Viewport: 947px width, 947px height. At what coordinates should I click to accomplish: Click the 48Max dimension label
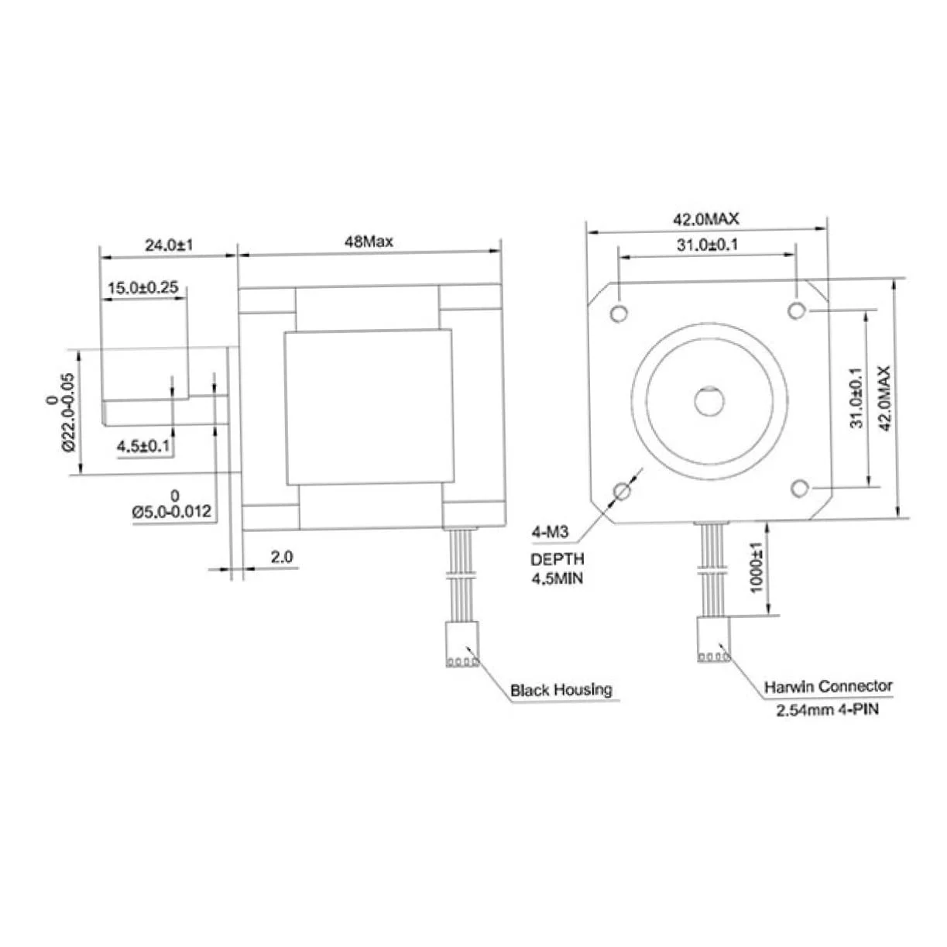point(369,242)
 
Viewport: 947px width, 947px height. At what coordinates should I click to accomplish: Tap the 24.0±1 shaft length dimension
point(169,245)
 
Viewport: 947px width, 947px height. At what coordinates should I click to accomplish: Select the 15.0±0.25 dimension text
point(143,287)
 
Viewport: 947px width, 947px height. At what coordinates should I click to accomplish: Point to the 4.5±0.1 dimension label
point(143,446)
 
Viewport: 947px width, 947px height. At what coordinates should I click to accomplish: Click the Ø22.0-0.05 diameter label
point(68,412)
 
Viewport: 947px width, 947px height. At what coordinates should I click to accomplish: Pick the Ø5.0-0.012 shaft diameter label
point(171,512)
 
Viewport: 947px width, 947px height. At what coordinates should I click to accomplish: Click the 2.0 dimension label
point(282,557)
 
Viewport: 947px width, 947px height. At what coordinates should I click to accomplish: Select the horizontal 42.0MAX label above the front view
point(705,219)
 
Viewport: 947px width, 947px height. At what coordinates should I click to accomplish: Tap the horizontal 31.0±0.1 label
point(707,244)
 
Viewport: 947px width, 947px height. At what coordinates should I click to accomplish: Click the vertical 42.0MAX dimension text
point(884,399)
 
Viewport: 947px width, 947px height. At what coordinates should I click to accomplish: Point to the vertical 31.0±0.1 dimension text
point(856,399)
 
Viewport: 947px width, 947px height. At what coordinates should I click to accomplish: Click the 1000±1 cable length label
point(757,568)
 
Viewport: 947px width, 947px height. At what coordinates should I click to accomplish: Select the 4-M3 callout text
point(550,532)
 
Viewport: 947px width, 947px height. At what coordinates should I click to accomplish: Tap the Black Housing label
point(561,690)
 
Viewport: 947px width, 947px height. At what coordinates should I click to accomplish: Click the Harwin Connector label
point(828,687)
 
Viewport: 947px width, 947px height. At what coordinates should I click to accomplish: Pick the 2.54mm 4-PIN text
point(827,709)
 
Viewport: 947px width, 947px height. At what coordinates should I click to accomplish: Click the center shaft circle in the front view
point(709,400)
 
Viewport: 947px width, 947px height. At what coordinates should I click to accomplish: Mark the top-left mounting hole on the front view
point(619,313)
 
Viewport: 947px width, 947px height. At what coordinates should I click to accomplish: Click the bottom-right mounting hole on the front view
point(800,488)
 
